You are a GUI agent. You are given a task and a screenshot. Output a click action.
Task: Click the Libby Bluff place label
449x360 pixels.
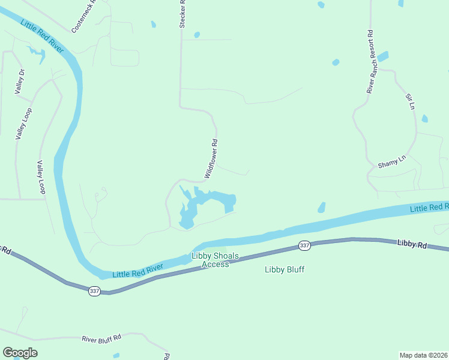click(x=285, y=269)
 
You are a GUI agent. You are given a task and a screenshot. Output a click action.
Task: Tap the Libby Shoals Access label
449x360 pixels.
click(x=215, y=260)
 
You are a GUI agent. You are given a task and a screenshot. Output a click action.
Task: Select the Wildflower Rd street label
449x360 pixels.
click(x=211, y=159)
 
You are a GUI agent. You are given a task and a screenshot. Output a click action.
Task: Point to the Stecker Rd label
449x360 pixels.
click(x=182, y=13)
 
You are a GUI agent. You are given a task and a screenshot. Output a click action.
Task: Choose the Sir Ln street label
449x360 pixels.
click(x=411, y=101)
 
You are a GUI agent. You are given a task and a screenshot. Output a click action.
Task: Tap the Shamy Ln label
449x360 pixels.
click(x=392, y=162)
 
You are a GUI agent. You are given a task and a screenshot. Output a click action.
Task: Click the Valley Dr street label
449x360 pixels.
click(x=20, y=82)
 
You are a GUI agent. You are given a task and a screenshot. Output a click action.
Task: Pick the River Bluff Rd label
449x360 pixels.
click(x=101, y=338)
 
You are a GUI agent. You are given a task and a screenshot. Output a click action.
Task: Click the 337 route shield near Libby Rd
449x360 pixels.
click(x=304, y=245)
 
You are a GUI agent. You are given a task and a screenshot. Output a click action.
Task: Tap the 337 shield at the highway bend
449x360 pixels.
click(x=94, y=291)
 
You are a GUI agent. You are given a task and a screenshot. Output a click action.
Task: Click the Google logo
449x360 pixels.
click(x=20, y=353)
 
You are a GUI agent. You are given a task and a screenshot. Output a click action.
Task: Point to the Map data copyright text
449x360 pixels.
click(x=423, y=355)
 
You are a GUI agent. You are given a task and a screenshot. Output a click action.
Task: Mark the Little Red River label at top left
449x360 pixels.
click(x=41, y=36)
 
